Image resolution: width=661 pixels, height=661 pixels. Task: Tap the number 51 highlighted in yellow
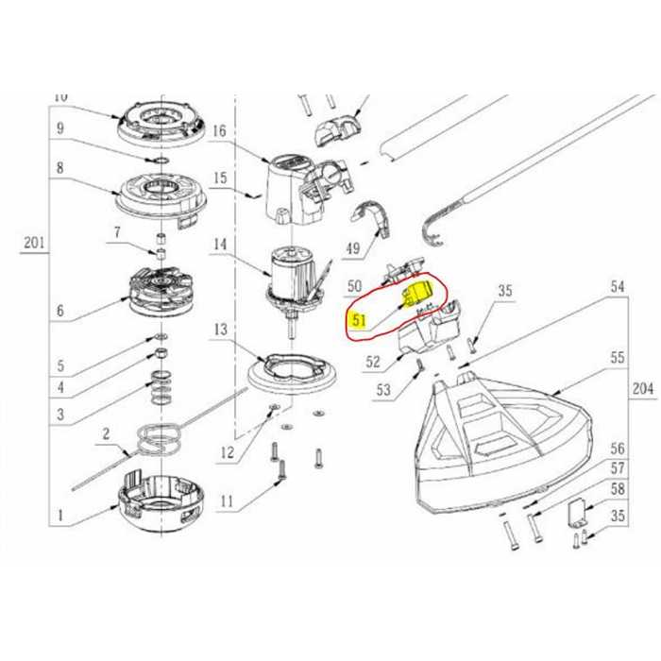pos(359,320)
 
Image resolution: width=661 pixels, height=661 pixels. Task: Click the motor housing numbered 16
pos(293,190)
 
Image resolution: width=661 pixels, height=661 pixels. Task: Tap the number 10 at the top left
pos(61,96)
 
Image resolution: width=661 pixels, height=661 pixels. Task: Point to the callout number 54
pos(619,285)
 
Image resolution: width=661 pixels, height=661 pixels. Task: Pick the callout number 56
pos(619,449)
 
